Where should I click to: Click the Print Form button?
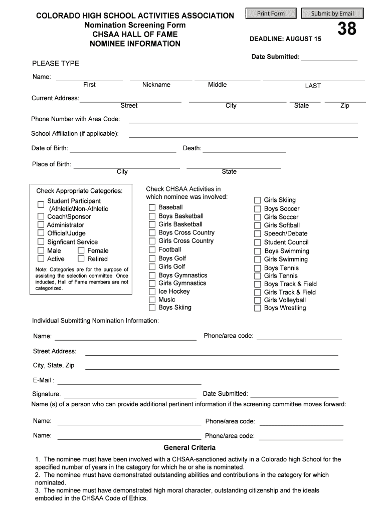(x=271, y=14)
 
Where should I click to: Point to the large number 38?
(x=347, y=30)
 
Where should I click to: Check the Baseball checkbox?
(x=151, y=208)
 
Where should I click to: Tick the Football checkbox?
(x=151, y=250)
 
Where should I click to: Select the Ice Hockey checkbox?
(x=151, y=292)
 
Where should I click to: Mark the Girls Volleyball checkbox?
(x=257, y=301)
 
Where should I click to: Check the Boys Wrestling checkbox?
(x=257, y=309)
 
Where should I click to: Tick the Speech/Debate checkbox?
(x=257, y=234)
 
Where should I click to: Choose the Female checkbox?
(x=81, y=251)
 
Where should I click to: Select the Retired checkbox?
(x=81, y=259)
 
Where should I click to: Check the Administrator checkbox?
(x=41, y=225)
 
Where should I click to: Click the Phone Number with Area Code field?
(x=243, y=119)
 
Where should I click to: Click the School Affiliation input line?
(x=243, y=134)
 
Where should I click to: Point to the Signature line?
(x=130, y=394)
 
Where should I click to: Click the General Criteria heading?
(x=189, y=447)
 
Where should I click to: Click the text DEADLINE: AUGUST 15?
(x=285, y=39)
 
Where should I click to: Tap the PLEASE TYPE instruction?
(x=56, y=64)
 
